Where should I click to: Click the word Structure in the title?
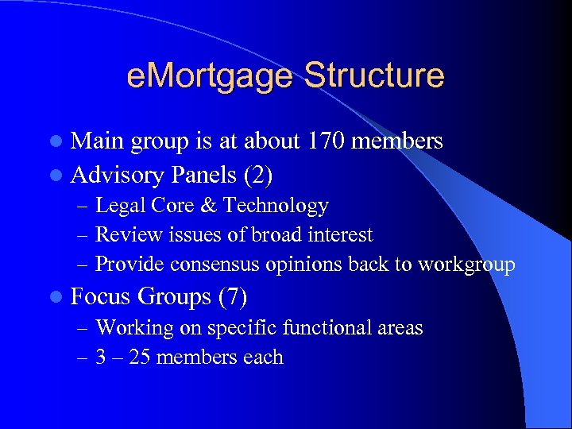tap(373, 76)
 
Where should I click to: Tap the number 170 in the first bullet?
tap(327, 141)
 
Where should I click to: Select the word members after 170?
tap(396, 141)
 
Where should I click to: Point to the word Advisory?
tap(118, 172)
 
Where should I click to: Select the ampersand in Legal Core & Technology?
tap(209, 206)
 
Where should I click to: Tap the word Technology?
tap(276, 206)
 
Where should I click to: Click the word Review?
tap(122, 235)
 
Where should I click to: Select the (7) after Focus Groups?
tap(232, 297)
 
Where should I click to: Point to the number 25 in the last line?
tap(139, 357)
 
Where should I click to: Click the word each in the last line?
tap(263, 357)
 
